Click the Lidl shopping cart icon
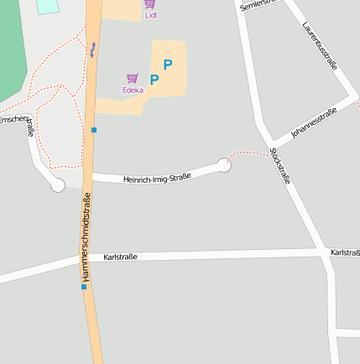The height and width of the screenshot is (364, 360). tap(149, 4)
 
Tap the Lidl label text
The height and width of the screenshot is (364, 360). tap(150, 15)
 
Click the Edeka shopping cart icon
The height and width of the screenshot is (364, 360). tap(132, 78)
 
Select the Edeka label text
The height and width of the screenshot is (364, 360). tap(132, 90)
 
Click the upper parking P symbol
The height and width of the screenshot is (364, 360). tap(168, 64)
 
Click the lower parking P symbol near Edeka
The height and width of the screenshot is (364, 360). tap(154, 80)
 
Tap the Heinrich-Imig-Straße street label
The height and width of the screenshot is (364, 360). tap(157, 177)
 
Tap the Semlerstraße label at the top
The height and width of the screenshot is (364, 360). tap(258, 5)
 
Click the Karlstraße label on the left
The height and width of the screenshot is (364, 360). tap(120, 257)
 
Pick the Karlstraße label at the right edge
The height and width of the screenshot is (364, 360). tap(345, 252)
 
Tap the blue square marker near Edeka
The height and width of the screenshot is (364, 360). tap(94, 130)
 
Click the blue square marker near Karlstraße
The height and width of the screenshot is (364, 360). tap(83, 287)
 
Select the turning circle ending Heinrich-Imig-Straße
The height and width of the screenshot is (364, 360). tap(224, 165)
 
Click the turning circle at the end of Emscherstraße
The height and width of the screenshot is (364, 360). tap(57, 185)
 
